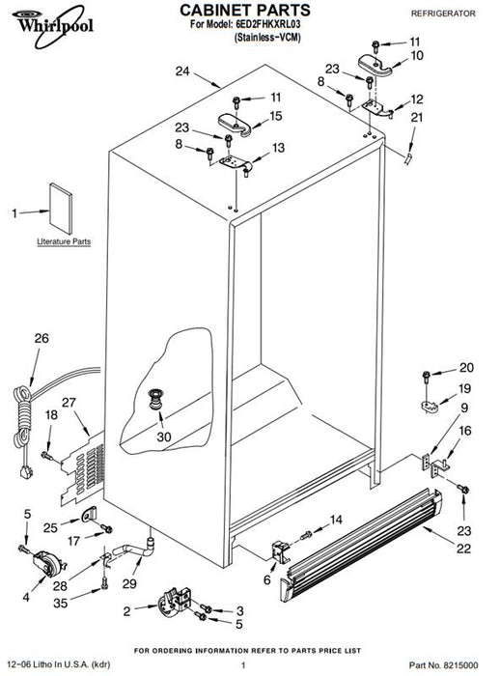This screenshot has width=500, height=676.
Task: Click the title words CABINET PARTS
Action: (245, 10)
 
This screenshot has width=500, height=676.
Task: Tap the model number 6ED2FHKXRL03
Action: (267, 24)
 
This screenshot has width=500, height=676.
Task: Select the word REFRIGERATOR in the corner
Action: (443, 14)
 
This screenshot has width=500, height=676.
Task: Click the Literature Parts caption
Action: (64, 241)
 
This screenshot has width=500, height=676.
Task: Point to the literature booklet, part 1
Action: (61, 209)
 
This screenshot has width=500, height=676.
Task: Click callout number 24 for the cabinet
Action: (182, 71)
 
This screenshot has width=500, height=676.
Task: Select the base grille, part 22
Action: (361, 546)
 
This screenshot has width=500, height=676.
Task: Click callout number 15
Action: (276, 116)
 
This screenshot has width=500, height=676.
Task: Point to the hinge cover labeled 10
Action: (375, 65)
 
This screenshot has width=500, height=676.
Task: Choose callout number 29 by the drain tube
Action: (129, 583)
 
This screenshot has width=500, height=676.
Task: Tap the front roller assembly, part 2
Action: (174, 600)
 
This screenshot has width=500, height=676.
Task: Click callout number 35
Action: (61, 603)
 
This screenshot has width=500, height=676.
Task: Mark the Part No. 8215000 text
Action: (444, 665)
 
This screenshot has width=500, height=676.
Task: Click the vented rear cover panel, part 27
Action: (82, 467)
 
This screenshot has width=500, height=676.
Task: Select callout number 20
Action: (466, 367)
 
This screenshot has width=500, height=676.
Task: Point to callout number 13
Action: (278, 148)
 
